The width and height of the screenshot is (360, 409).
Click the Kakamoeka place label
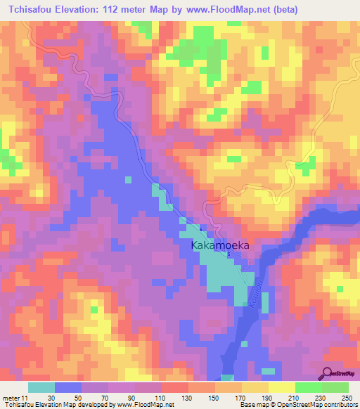click(x=221, y=246)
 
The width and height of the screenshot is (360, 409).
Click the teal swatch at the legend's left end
click(x=41, y=388)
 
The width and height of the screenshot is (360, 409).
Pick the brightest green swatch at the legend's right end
click(x=335, y=388)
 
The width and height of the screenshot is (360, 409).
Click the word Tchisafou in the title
click(x=31, y=10)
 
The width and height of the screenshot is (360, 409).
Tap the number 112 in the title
click(x=120, y=10)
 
